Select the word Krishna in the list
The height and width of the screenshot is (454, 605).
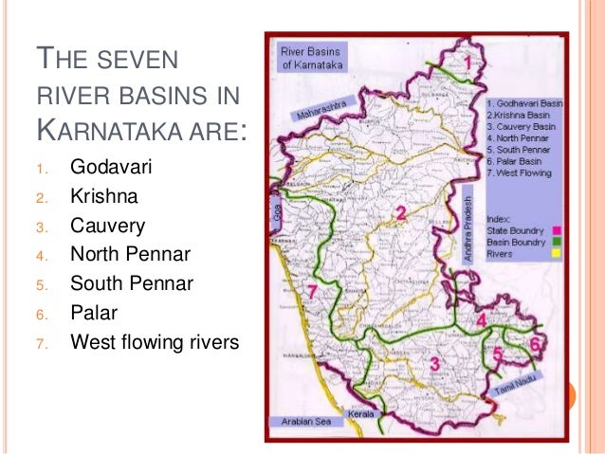102,198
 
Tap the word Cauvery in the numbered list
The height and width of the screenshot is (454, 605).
107,227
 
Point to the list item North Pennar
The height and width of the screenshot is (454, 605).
130,255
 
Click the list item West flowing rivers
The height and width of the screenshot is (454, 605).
155,340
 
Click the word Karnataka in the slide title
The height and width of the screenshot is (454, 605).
131,128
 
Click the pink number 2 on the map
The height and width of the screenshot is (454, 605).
401,213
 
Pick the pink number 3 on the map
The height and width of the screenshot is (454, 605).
434,363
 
